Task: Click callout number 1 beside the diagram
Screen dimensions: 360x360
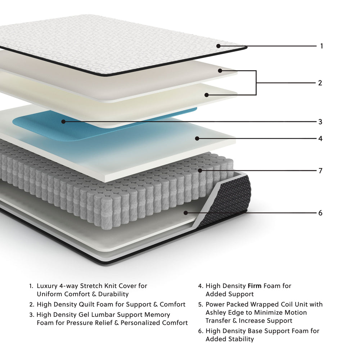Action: tap(321, 46)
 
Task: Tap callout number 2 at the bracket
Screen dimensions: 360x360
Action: tap(320, 83)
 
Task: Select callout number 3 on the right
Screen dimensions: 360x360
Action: tap(320, 122)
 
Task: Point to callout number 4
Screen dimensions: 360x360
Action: tap(320, 138)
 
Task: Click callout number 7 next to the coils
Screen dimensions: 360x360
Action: tap(320, 171)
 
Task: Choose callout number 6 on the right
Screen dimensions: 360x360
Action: tap(320, 213)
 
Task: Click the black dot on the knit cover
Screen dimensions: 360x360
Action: tap(219, 46)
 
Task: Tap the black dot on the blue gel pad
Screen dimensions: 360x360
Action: tap(63, 122)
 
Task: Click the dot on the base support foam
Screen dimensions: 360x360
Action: tap(186, 213)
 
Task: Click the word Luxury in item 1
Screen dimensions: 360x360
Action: tap(48, 286)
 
